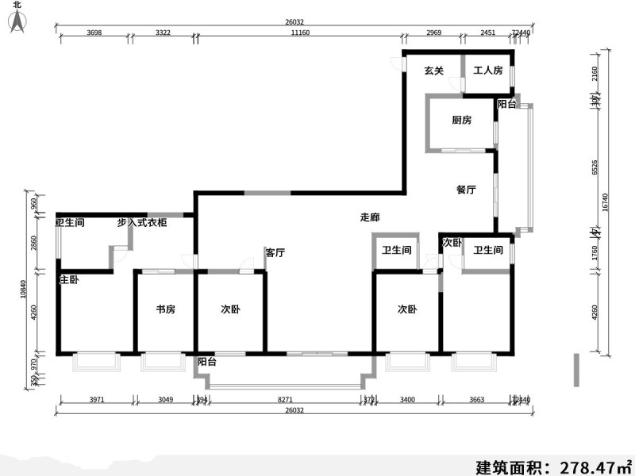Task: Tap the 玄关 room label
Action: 433,71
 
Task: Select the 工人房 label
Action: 488,71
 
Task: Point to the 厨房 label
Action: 462,121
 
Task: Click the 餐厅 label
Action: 466,190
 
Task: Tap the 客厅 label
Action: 275,253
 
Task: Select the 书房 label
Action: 166,309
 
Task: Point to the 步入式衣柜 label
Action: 142,224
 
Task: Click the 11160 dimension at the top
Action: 299,33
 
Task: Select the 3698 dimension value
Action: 94,33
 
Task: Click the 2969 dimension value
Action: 433,33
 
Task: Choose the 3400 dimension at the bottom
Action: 406,401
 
